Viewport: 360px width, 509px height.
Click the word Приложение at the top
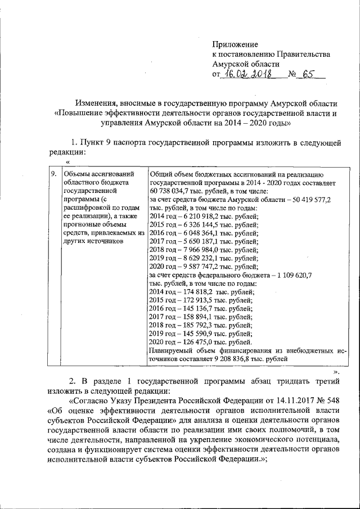[235, 44]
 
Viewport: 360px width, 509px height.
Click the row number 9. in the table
[53, 174]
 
